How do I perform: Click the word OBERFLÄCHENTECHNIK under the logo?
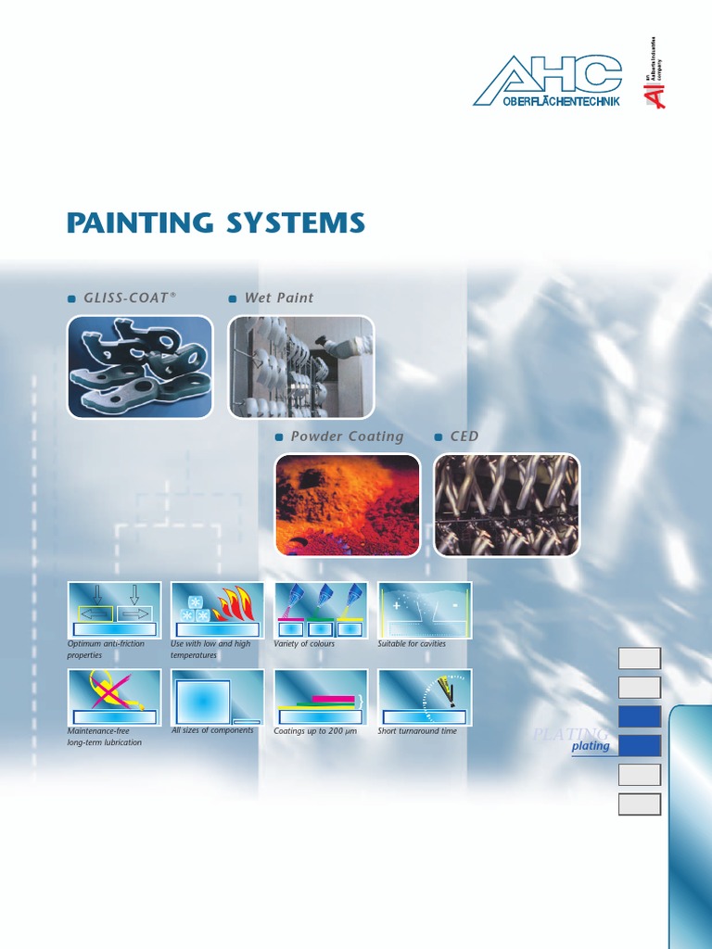point(560,100)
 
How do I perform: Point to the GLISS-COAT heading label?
point(129,297)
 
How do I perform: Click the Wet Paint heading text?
point(278,297)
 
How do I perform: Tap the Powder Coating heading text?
point(347,436)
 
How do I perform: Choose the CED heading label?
point(464,436)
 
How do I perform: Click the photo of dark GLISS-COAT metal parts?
point(140,366)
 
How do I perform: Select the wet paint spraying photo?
point(300,366)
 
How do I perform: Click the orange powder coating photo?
point(347,505)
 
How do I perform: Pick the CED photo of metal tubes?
point(507,505)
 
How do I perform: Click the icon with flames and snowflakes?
point(218,610)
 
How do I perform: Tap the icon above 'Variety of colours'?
point(321,610)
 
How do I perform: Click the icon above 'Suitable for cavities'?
point(425,610)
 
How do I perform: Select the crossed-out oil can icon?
point(114,697)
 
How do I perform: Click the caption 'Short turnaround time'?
point(417,731)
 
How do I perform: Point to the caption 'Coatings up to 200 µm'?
point(315,731)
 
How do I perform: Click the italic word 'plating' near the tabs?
point(591,746)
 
